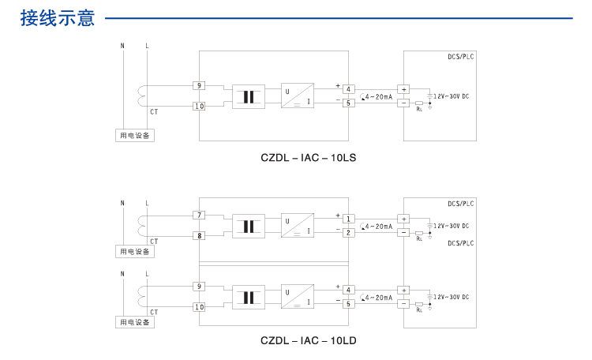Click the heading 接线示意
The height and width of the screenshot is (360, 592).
(x=58, y=17)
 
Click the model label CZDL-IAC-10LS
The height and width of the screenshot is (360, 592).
(x=308, y=157)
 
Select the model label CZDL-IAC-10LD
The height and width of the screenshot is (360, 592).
(x=309, y=341)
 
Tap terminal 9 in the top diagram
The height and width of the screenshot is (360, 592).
(x=199, y=85)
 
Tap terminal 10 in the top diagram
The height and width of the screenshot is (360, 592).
(x=199, y=106)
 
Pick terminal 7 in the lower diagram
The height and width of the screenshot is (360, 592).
(x=199, y=215)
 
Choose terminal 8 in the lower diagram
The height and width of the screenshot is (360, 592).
(x=199, y=235)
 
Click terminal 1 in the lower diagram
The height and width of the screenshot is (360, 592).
(x=348, y=219)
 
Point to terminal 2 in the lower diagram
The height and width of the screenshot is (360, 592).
(x=348, y=232)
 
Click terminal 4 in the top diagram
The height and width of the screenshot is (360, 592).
(x=348, y=89)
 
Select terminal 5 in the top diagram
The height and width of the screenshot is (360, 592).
(x=348, y=103)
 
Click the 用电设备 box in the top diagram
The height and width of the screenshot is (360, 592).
(x=135, y=136)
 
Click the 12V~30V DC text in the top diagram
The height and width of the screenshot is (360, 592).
(x=451, y=96)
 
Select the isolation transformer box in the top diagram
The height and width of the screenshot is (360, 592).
(x=249, y=96)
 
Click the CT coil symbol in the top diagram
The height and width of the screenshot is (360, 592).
(x=143, y=96)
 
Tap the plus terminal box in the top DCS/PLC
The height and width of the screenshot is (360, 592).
(x=403, y=90)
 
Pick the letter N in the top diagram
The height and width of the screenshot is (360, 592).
(x=122, y=46)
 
